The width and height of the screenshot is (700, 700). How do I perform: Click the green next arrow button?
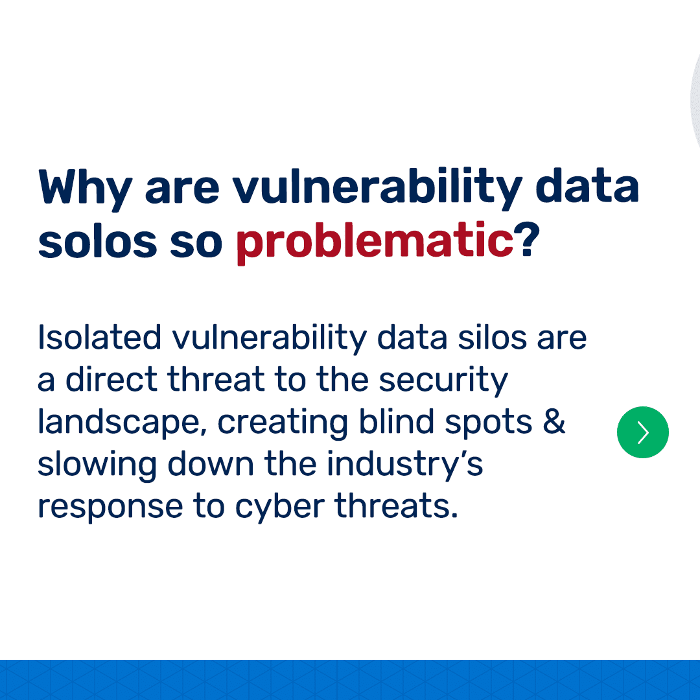(642, 432)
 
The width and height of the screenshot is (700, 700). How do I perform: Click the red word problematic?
(375, 243)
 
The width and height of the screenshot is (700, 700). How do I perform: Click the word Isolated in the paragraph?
(99, 338)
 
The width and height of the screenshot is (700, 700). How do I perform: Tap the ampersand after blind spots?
(554, 421)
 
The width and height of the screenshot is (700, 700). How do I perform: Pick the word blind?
(397, 421)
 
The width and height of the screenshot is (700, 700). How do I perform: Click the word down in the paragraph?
(210, 463)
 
